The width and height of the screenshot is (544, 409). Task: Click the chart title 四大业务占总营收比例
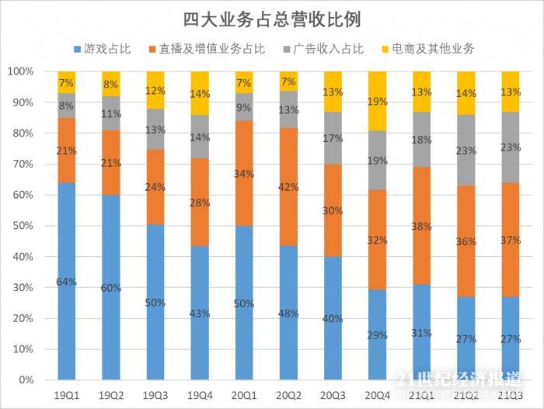[x=272, y=18]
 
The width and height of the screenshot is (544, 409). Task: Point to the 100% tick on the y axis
[x=21, y=71]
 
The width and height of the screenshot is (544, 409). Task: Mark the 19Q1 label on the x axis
[x=66, y=395]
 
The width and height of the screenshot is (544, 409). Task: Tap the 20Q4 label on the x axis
[x=377, y=395]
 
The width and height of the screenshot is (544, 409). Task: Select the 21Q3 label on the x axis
[x=511, y=395]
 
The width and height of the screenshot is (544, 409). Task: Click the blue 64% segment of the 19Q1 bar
[x=66, y=281]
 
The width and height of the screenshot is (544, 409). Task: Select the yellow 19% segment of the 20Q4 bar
[x=377, y=101]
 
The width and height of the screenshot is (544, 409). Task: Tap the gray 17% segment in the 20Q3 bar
[x=333, y=138]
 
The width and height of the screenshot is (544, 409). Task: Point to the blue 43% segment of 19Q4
[x=200, y=313]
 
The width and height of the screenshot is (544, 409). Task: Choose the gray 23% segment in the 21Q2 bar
[x=466, y=150]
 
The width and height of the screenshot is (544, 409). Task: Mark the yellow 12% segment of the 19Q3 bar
[x=155, y=90]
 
